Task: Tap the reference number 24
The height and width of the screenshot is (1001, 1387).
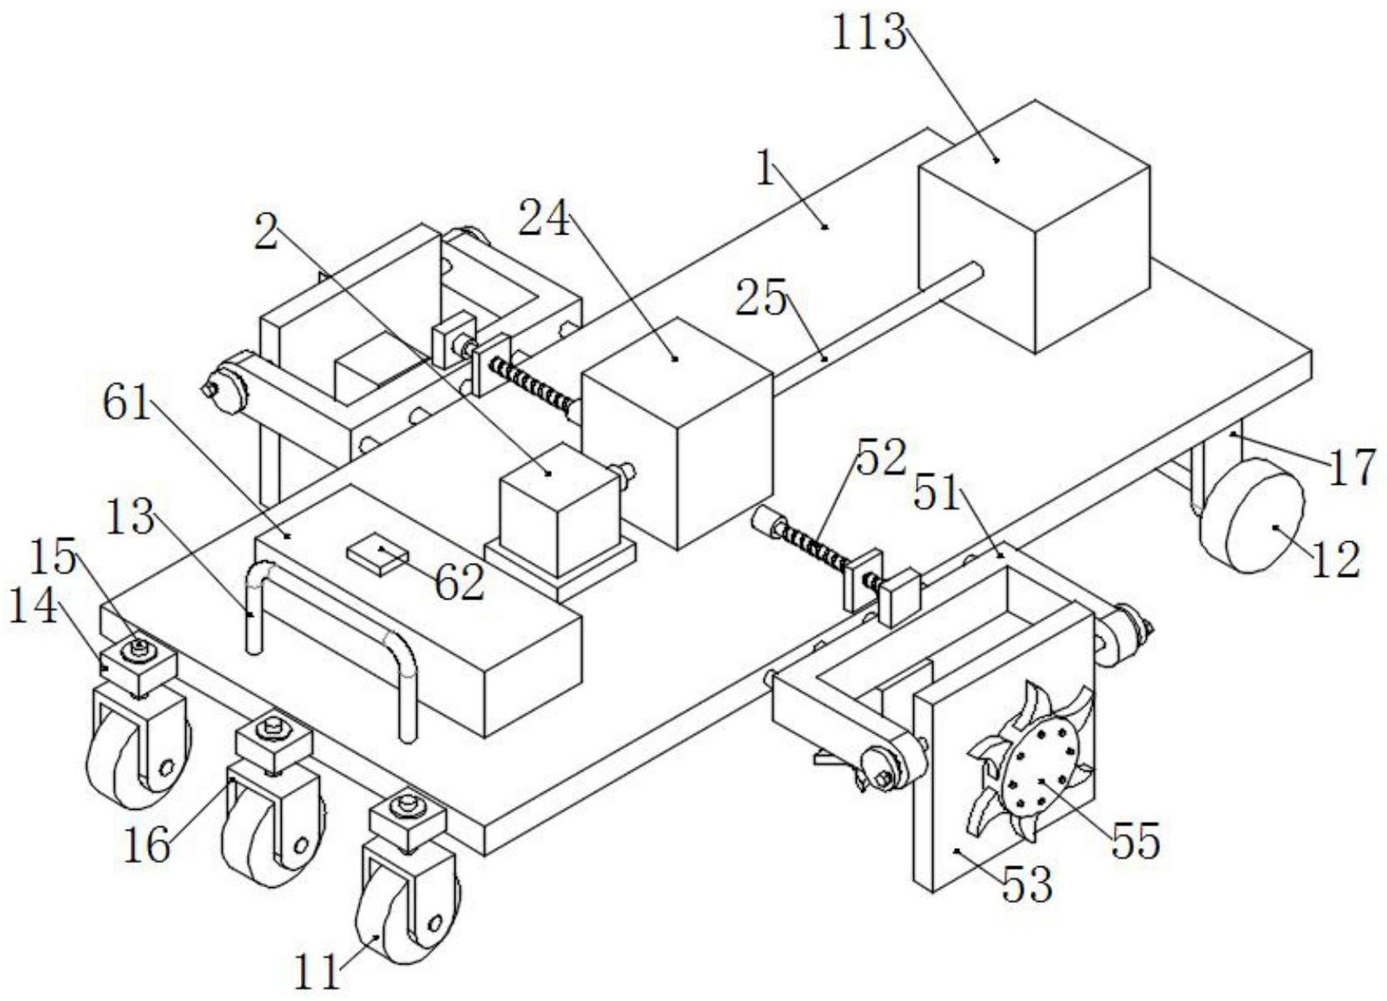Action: point(545,219)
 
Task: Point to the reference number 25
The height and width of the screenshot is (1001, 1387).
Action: point(760,298)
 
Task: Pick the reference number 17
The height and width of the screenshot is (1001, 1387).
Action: point(1352,467)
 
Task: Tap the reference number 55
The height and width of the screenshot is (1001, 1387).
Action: point(1135,841)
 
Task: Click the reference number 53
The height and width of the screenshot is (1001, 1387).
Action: point(1027,884)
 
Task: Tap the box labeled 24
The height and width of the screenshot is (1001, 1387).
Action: point(677,432)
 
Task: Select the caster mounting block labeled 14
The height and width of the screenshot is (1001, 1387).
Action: point(137,665)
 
